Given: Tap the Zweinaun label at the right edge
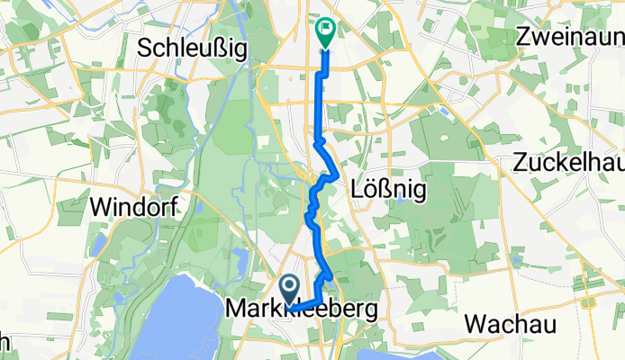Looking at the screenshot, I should click(570, 38).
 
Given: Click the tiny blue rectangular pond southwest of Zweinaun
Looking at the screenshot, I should click(445, 112).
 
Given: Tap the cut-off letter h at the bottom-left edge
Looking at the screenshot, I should click(4, 341).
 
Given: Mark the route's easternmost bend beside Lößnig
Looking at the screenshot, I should click(337, 174).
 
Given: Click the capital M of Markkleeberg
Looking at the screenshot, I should click(234, 309).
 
